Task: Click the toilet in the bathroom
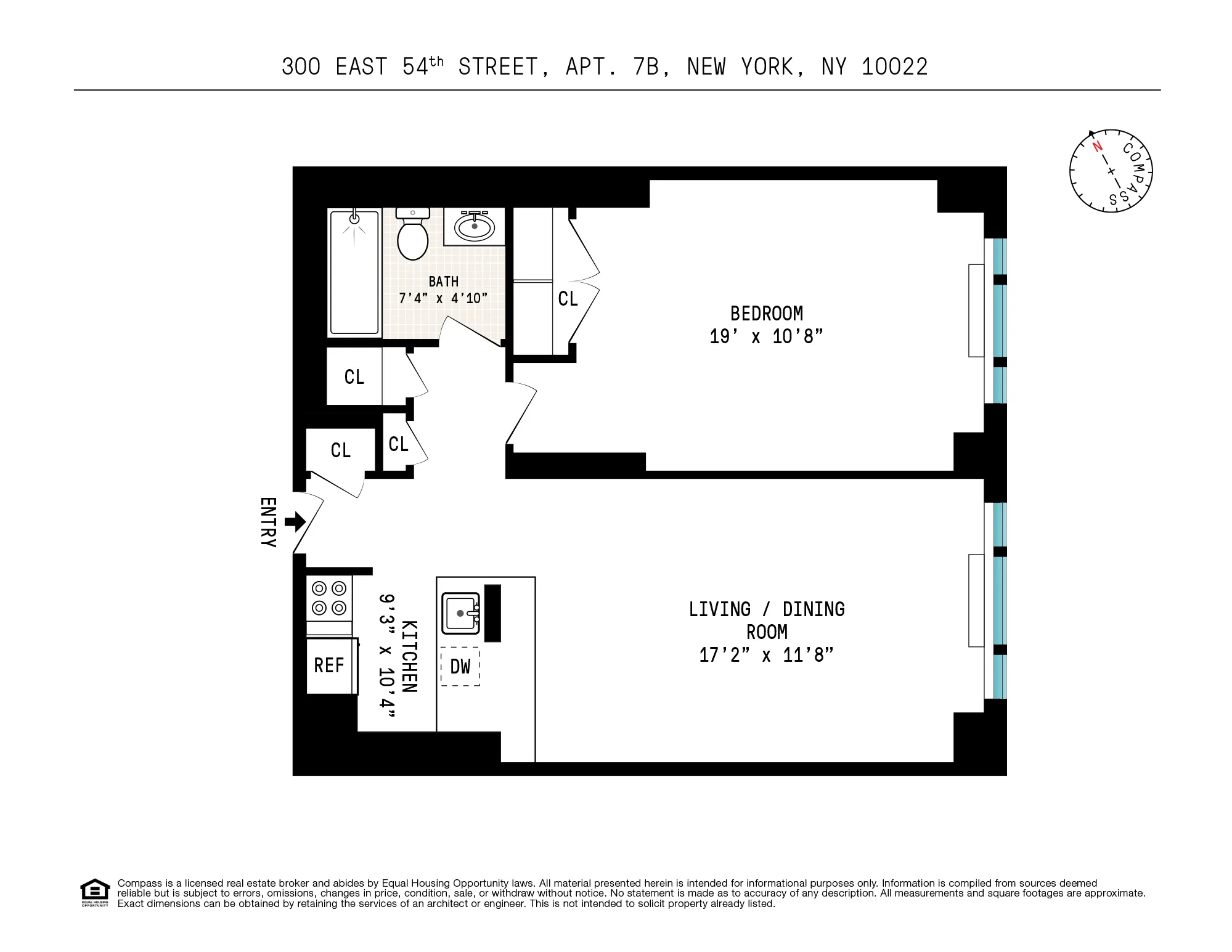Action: [412, 237]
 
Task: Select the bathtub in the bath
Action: [354, 273]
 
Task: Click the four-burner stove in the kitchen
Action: [329, 598]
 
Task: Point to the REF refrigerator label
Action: [328, 665]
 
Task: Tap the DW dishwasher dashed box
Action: [460, 666]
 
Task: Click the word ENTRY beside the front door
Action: [268, 523]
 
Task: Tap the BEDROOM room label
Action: [766, 314]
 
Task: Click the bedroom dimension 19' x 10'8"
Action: [766, 337]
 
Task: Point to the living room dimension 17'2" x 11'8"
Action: [766, 655]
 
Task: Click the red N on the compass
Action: [1097, 147]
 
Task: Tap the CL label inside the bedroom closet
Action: [568, 299]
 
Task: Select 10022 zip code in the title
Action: [894, 67]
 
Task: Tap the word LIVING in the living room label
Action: [719, 609]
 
